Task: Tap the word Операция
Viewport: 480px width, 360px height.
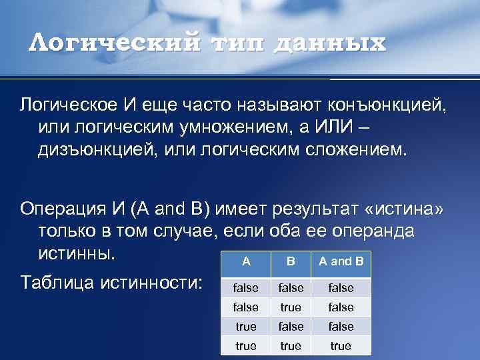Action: pos(62,210)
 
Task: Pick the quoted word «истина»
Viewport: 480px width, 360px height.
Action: pos(403,210)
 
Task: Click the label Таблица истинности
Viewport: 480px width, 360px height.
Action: pos(111,282)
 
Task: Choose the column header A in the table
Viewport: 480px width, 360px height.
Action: pos(246,261)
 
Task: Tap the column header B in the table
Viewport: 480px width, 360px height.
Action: pos(290,261)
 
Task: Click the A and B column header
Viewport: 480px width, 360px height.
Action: pos(341,261)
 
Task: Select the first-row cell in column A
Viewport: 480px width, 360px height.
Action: pos(246,288)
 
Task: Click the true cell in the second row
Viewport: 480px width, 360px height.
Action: pos(290,307)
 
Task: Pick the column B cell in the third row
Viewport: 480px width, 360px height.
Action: pos(290,327)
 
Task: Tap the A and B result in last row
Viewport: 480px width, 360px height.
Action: pos(341,346)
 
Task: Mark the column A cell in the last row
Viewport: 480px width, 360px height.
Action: pos(246,346)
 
